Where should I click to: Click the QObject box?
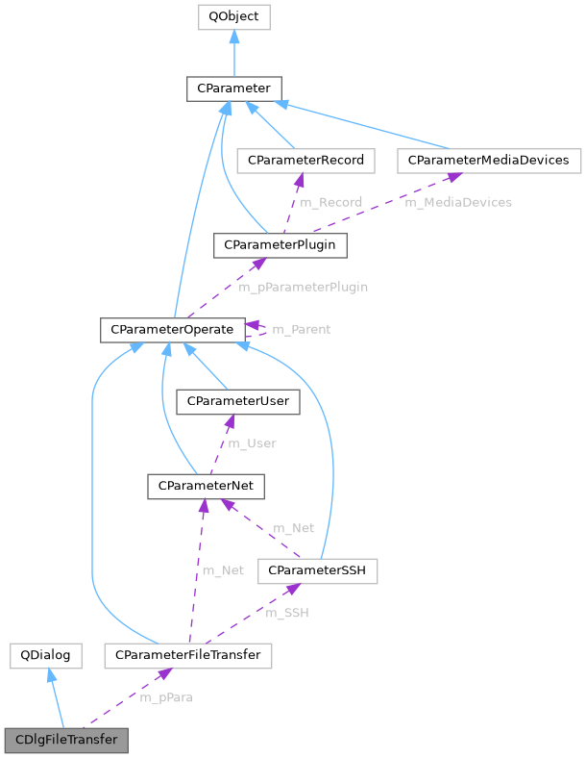(x=233, y=16)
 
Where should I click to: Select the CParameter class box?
(x=233, y=89)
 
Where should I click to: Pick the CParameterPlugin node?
(x=280, y=244)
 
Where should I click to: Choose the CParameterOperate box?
(x=172, y=330)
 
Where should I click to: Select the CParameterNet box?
(x=206, y=486)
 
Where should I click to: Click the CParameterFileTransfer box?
(x=188, y=656)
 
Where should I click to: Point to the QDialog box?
(x=45, y=656)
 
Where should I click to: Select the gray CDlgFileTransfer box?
(x=65, y=741)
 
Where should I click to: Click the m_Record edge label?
(x=330, y=202)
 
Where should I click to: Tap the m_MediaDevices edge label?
(x=457, y=202)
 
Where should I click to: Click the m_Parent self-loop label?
(x=301, y=330)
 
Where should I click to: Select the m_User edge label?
(x=251, y=443)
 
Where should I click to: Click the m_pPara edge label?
(x=166, y=697)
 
